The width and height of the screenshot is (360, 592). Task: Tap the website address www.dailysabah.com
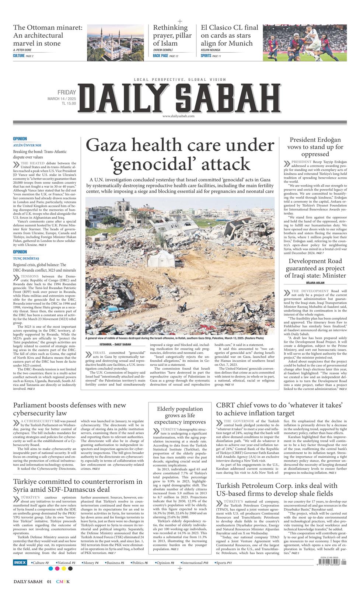(178, 116)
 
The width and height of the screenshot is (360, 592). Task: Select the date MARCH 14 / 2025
(62, 99)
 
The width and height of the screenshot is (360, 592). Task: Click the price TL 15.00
(69, 104)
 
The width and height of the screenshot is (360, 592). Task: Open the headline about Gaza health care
(180, 155)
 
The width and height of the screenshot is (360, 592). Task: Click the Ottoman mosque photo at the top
(115, 42)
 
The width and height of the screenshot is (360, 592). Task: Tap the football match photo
(305, 42)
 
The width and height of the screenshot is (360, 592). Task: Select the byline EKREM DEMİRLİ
(163, 50)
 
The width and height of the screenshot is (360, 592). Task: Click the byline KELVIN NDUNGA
(210, 50)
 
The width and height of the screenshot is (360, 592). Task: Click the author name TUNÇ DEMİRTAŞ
(26, 258)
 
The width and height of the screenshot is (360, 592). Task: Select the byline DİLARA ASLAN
(315, 283)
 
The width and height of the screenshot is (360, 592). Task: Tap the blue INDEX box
(20, 563)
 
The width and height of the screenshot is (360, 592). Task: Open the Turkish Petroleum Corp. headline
(276, 490)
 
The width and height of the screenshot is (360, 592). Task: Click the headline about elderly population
(180, 415)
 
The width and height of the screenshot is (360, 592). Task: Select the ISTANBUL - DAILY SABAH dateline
(110, 344)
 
